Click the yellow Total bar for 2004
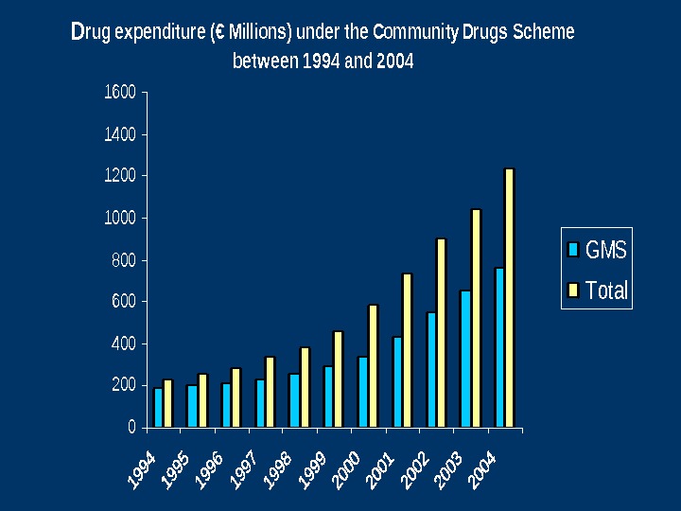tap(509, 298)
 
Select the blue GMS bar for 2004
tap(499, 347)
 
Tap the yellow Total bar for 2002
tap(441, 333)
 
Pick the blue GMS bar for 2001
tap(397, 382)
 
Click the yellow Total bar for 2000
tap(373, 366)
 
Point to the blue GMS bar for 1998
tap(294, 400)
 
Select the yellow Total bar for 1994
tap(168, 404)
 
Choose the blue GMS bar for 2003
tap(465, 359)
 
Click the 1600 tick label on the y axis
tap(119, 93)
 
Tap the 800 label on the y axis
tap(124, 260)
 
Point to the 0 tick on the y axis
tap(131, 428)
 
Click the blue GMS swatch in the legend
tap(573, 250)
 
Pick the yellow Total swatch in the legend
tap(573, 291)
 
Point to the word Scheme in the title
tap(543, 33)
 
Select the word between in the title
tap(265, 62)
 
